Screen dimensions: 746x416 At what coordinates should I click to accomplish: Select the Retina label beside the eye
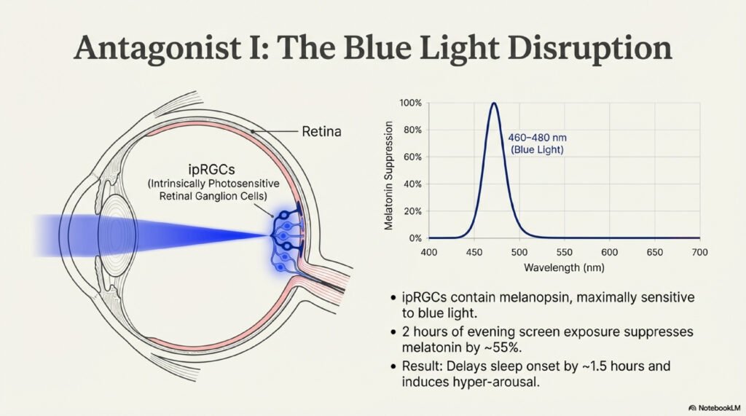tap(321, 131)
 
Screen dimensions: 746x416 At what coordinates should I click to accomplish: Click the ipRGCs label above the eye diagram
tap(212, 169)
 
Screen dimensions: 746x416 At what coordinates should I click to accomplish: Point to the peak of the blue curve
tap(495, 103)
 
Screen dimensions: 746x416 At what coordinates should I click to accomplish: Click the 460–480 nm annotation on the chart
tap(537, 138)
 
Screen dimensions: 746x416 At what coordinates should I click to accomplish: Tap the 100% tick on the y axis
tap(410, 103)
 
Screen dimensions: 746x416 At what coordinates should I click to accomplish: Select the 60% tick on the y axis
tap(412, 157)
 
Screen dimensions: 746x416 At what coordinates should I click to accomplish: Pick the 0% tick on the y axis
tap(415, 238)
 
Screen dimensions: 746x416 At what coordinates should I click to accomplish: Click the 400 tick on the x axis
tap(428, 252)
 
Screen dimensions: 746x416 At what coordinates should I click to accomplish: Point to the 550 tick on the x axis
tap(565, 252)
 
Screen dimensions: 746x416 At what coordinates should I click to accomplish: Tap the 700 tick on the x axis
tap(699, 252)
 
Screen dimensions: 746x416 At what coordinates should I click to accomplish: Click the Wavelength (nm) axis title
tap(565, 267)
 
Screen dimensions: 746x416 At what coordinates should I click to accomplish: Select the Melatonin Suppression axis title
tap(389, 176)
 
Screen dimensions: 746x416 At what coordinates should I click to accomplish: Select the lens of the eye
tap(117, 234)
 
